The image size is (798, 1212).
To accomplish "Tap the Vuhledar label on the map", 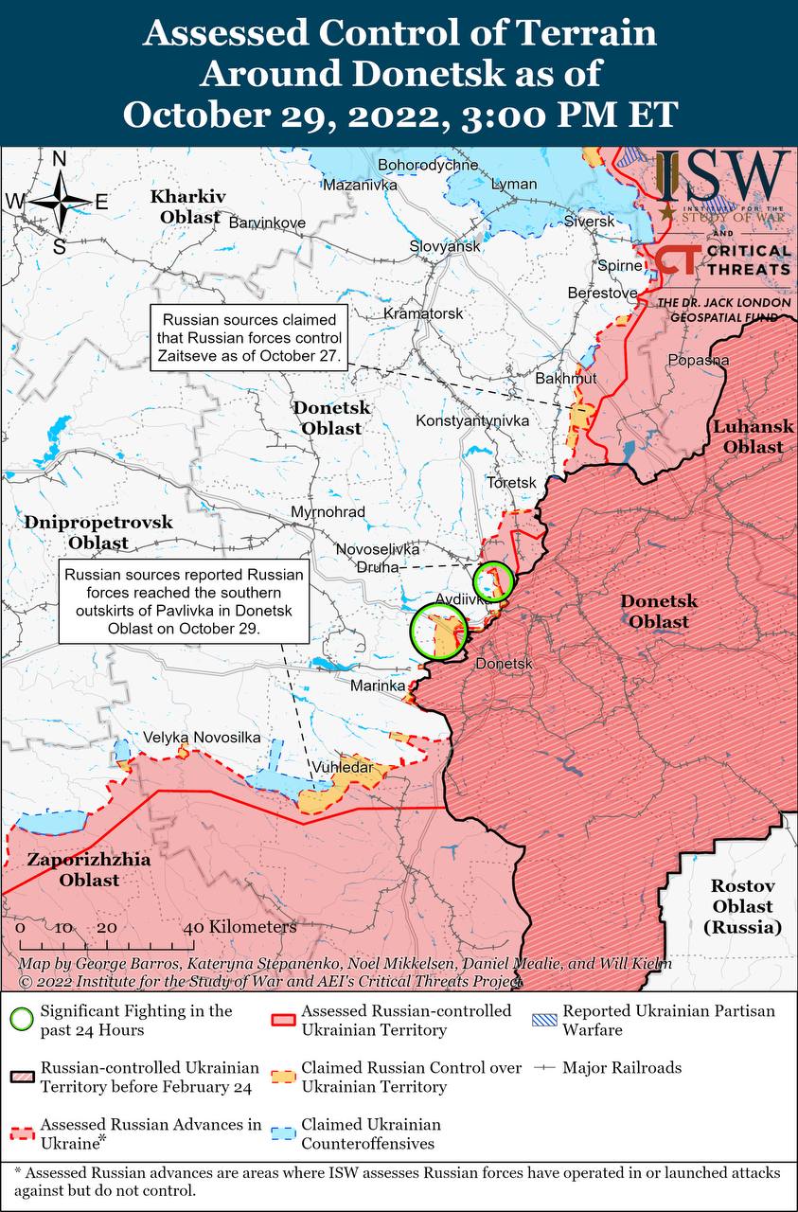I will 342,767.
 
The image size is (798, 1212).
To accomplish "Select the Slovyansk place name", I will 445,246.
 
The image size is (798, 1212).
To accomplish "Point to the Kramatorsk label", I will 423,313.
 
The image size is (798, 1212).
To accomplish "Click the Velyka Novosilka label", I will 202,737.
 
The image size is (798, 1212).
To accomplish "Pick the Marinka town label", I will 378,685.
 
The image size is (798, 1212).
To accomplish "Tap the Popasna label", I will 699,360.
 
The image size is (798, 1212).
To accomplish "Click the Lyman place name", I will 514,184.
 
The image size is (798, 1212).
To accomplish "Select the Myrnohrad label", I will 328,511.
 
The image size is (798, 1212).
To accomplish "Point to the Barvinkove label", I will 268,222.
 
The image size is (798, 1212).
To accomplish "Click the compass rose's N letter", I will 59,159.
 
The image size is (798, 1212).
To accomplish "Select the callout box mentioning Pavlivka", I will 185,601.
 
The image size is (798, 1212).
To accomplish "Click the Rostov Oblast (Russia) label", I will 743,907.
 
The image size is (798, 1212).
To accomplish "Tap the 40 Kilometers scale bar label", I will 243,926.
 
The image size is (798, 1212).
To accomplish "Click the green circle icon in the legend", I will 21,1020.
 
